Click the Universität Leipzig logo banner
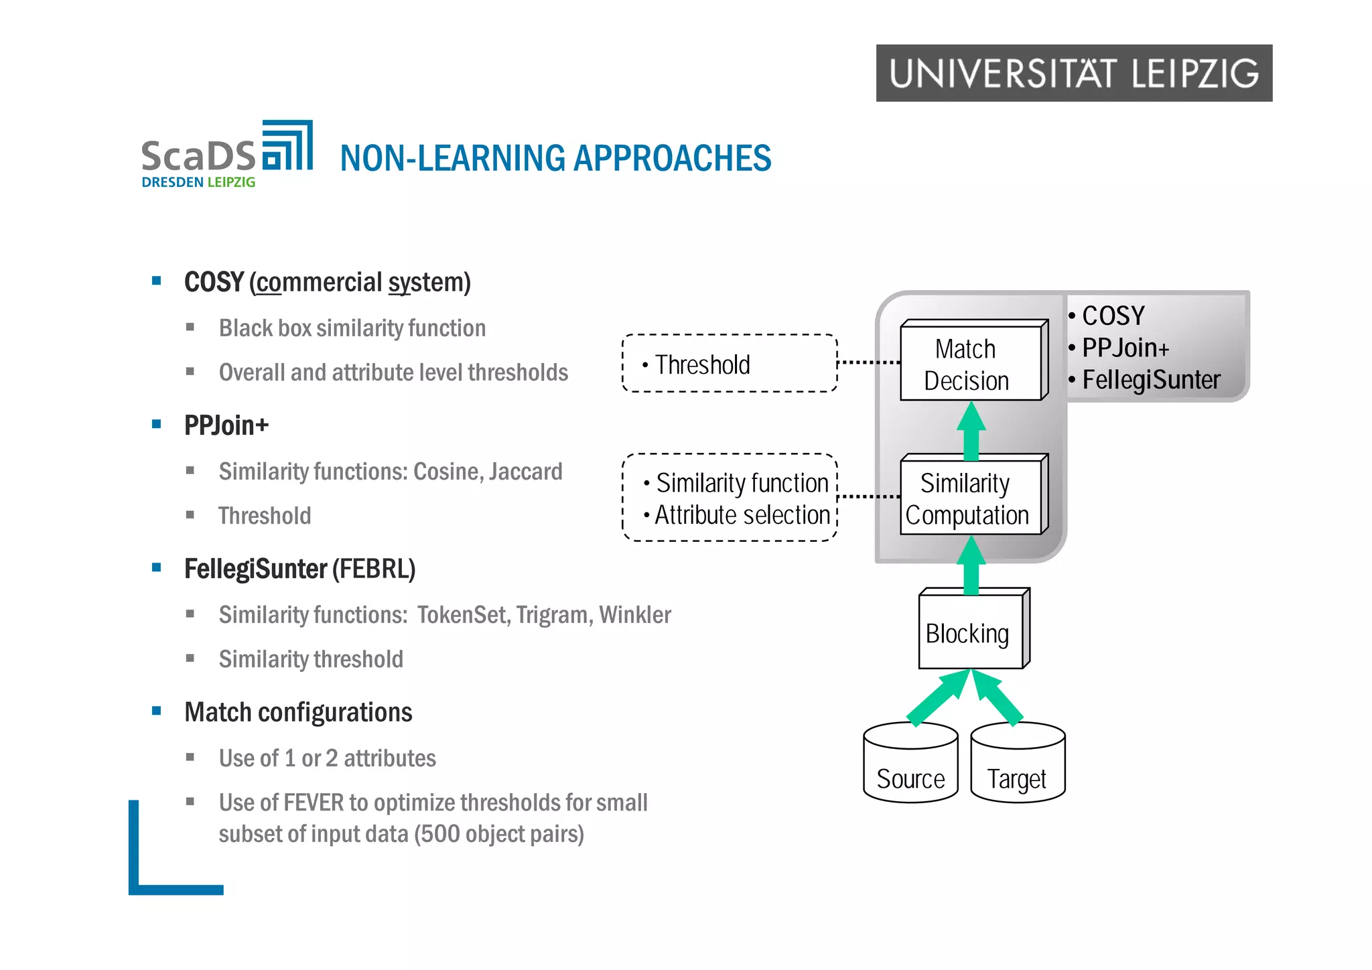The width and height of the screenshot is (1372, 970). (1073, 73)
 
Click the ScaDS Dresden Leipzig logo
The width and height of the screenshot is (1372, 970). (226, 155)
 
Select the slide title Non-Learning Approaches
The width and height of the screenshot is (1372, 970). (555, 159)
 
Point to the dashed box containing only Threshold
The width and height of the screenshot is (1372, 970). (729, 364)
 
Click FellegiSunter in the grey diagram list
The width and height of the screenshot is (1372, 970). (1151, 380)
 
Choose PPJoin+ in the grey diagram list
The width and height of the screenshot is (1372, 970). (1125, 348)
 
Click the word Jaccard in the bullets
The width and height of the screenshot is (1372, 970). (525, 472)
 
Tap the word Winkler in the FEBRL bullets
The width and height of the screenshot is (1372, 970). (634, 615)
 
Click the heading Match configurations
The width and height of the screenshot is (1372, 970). (298, 712)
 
